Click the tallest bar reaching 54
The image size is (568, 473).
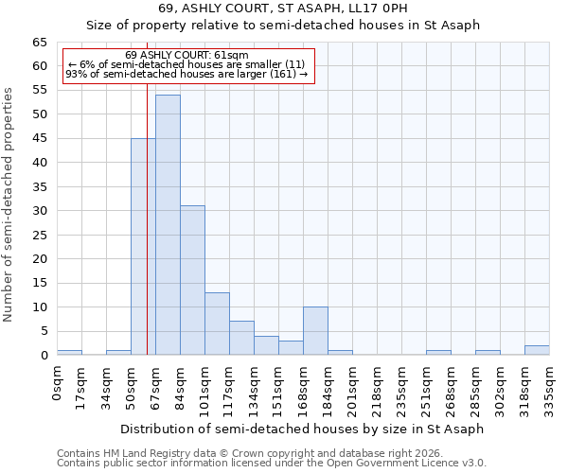tap(168, 225)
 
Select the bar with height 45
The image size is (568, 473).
tap(143, 246)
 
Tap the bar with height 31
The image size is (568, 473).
tap(192, 280)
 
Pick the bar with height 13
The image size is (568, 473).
tap(217, 324)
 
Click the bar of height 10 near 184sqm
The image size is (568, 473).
tap(315, 331)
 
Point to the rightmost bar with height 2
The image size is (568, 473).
tap(537, 350)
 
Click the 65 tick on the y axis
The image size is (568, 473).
tap(39, 43)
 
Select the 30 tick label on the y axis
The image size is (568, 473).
tap(39, 211)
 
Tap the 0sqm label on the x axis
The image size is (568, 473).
tap(58, 383)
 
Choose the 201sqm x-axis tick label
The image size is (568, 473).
tap(353, 389)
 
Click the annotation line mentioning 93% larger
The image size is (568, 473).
tap(186, 74)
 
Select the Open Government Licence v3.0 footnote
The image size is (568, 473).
tap(272, 463)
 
